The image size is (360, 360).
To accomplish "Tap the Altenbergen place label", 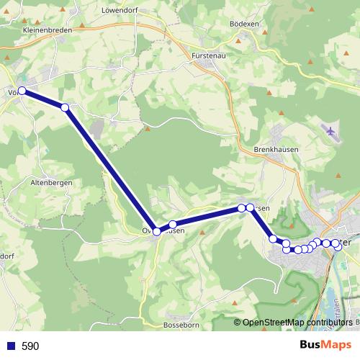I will (x=51, y=184).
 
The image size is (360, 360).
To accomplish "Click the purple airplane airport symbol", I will (x=330, y=132).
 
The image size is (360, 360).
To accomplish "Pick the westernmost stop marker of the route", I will (x=22, y=91).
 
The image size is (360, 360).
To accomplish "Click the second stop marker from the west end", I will (x=65, y=107).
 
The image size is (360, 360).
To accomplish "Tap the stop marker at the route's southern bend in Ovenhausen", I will (x=156, y=232).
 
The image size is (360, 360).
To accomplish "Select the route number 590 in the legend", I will (x=30, y=346).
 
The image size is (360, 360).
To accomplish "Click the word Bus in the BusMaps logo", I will (x=311, y=346).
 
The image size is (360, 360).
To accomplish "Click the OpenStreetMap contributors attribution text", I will (x=300, y=323).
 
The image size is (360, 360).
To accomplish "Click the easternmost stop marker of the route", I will (x=338, y=247).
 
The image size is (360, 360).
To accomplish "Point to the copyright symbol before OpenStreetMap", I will (x=238, y=323).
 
